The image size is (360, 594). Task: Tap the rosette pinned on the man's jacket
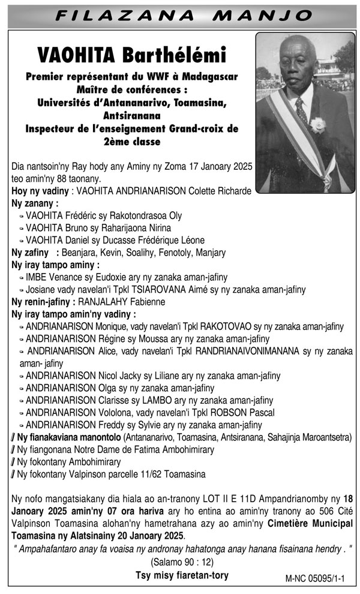317,125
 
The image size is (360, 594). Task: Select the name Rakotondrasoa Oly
144,215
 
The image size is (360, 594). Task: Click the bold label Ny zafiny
30,252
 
